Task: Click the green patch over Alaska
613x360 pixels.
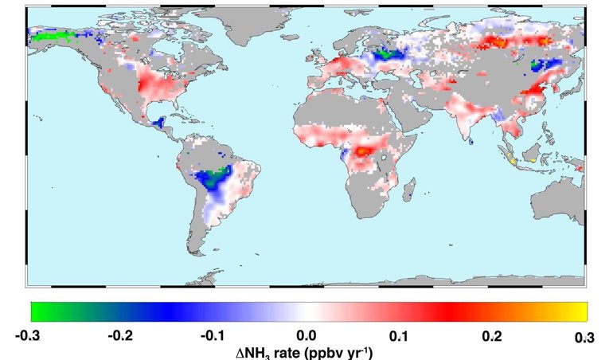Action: (49, 35)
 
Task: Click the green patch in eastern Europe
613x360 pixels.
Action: (389, 54)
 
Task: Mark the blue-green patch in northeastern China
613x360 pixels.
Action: (545, 64)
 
